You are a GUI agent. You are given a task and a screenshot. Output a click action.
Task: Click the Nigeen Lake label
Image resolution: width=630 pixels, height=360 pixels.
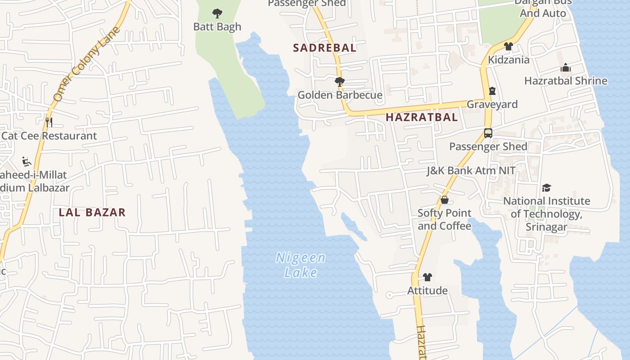(x=301, y=265)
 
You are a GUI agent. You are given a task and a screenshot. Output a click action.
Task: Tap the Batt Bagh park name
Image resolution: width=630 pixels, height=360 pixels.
(x=217, y=27)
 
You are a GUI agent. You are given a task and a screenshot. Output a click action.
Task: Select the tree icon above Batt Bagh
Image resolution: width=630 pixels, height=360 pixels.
(x=217, y=13)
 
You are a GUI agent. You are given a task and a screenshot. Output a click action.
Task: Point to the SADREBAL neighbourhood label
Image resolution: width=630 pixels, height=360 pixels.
(x=324, y=48)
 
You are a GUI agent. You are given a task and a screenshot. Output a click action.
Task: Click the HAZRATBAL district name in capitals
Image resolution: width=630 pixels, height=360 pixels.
(x=422, y=117)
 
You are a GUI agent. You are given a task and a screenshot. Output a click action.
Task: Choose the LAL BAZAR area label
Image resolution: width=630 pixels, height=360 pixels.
(x=92, y=212)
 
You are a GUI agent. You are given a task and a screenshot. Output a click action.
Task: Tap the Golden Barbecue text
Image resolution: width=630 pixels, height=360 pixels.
(x=340, y=95)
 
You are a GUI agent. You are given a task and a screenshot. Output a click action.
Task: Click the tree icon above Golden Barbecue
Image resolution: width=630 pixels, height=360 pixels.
(x=339, y=82)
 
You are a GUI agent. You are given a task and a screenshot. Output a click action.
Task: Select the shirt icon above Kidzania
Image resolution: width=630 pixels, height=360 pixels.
(x=508, y=46)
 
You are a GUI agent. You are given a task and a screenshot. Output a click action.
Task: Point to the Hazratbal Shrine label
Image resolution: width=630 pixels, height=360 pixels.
(x=566, y=81)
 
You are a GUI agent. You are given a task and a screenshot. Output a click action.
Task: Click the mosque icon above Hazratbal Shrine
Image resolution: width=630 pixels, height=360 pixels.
(x=566, y=68)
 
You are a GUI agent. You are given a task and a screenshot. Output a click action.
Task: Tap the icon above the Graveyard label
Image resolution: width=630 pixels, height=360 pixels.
(x=492, y=91)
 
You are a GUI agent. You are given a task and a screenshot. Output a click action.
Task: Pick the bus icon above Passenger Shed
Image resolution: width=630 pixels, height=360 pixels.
(x=488, y=133)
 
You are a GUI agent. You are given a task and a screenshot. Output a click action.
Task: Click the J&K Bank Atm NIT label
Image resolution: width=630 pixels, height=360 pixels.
(x=471, y=171)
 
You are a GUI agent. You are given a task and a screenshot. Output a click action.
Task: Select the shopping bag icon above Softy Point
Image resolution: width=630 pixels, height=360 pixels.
(x=445, y=200)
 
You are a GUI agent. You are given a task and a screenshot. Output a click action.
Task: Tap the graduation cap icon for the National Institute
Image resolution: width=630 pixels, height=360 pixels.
(x=546, y=188)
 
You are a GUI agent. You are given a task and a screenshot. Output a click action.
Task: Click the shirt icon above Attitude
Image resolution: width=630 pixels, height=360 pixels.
(x=427, y=277)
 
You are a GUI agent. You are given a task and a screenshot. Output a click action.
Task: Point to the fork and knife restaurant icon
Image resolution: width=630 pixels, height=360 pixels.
(x=49, y=122)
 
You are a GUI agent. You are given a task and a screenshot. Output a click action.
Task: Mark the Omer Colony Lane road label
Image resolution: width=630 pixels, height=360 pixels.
(x=86, y=64)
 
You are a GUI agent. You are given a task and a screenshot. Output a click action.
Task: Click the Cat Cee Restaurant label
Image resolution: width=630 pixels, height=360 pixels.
(x=49, y=136)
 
